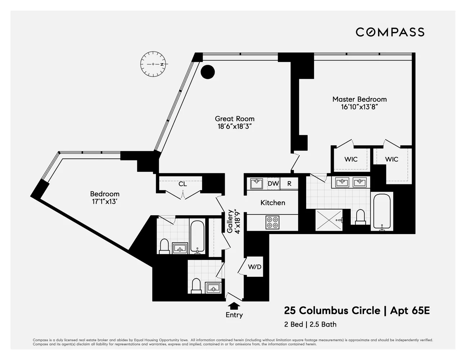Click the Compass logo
coord(390,32)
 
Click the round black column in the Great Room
coord(207,72)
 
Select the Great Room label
coord(234,118)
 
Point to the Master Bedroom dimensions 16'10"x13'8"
coord(359,107)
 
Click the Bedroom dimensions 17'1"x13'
coord(104,202)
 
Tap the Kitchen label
coord(273,203)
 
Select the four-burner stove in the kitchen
coord(272,222)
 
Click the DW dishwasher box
coord(273,184)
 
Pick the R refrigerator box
coord(289,184)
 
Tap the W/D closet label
coord(255,267)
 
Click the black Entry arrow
coord(234,306)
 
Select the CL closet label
coord(183,184)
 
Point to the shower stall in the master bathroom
coord(328,220)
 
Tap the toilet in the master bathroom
coord(360,217)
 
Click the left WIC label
coord(351,159)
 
